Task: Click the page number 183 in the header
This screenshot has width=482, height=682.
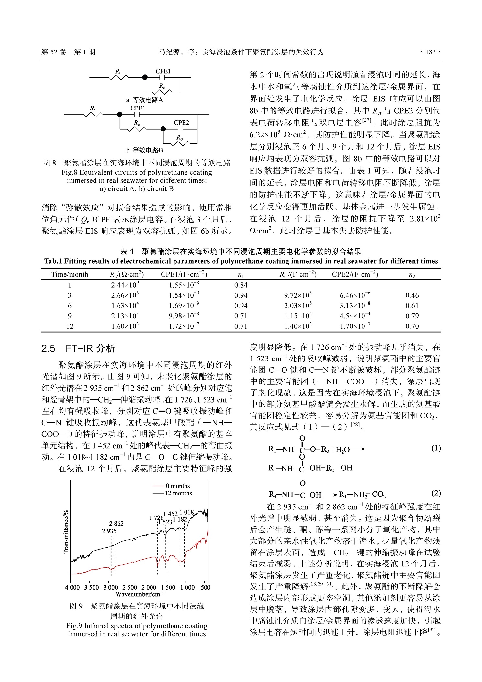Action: pos(430,52)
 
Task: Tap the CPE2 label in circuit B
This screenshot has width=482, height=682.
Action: pos(181,123)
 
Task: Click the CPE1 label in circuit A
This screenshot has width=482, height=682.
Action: pos(163,71)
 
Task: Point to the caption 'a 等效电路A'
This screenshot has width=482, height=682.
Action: pos(144,100)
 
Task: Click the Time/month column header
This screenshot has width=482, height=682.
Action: pos(70,274)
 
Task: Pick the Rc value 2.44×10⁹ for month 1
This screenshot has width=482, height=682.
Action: pos(125,285)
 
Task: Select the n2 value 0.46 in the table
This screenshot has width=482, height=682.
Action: pos(412,295)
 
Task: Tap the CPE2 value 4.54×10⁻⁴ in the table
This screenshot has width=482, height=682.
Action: pos(355,316)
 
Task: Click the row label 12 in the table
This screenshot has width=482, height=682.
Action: pos(70,326)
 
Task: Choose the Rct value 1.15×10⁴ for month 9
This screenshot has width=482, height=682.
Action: pos(298,316)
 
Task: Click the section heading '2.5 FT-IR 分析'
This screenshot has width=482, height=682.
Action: pos(78,348)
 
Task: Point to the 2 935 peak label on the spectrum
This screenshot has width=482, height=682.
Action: pos(109,531)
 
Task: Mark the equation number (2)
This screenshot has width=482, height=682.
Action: pos(436,493)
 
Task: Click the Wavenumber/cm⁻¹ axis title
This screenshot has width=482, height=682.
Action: pos(140,594)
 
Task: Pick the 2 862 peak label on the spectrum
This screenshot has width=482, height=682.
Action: pos(116,523)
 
